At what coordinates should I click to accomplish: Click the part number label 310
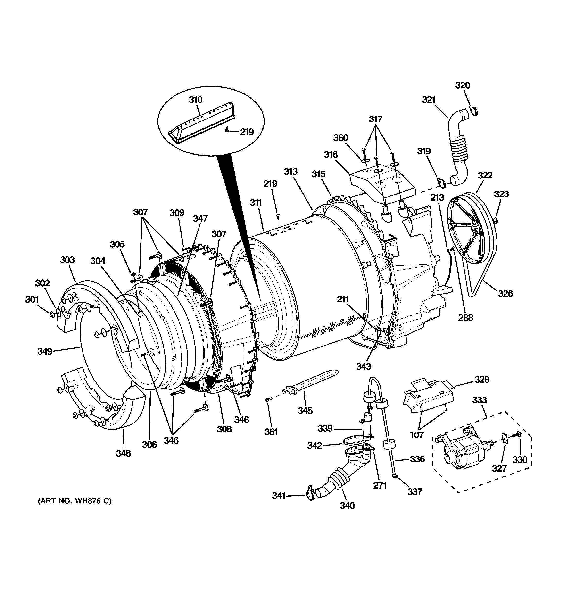point(196,100)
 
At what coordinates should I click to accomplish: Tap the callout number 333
point(479,400)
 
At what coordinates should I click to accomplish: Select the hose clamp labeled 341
point(310,495)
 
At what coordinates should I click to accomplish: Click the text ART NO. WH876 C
point(75,501)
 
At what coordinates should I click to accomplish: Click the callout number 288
point(465,317)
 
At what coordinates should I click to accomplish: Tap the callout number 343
point(363,366)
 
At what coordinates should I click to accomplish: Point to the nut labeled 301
point(52,315)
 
